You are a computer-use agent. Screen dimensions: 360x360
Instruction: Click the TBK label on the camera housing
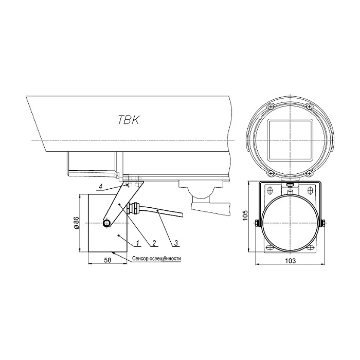[x=129, y=120]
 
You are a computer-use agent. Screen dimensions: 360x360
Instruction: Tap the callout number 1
[x=137, y=243]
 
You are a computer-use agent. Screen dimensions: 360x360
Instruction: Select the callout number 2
[x=154, y=243]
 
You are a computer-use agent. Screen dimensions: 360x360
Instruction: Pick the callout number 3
[x=176, y=243]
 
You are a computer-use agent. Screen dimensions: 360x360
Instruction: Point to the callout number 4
[x=100, y=187]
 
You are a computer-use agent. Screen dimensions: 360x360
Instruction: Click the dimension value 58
[x=107, y=260]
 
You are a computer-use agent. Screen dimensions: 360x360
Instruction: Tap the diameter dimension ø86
[x=77, y=223]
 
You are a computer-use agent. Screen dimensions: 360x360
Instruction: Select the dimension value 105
[x=245, y=215]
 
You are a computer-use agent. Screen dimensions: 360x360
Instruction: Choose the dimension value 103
[x=291, y=261]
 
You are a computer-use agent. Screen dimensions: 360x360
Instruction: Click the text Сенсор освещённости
[x=156, y=259]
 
